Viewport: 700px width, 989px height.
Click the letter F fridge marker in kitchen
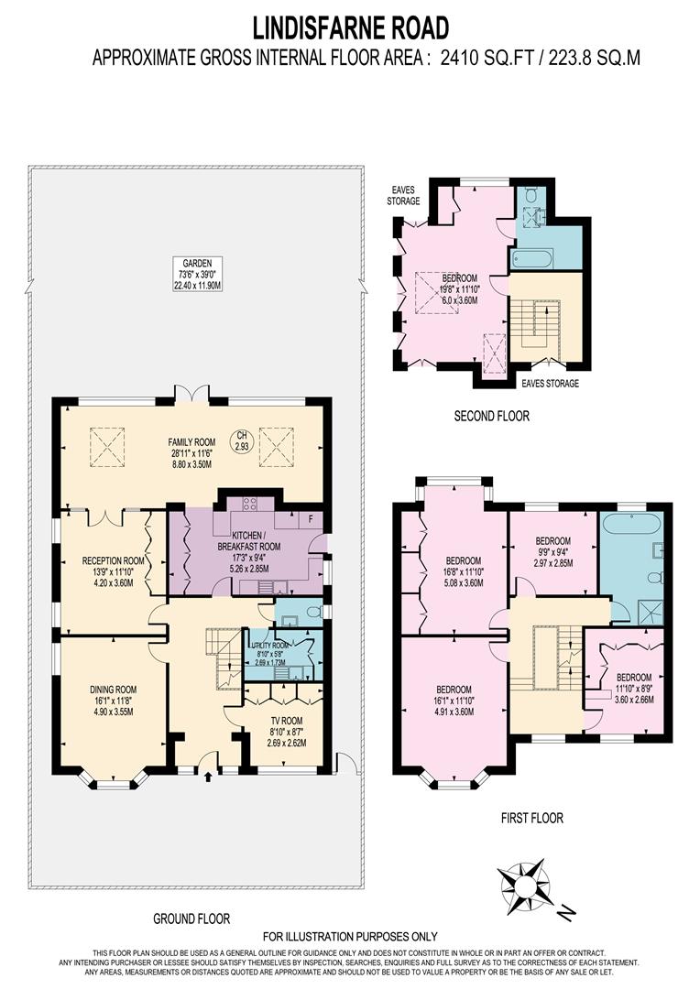(x=311, y=518)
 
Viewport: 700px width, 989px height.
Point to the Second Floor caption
(x=492, y=416)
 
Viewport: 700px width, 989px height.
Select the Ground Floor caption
(x=191, y=918)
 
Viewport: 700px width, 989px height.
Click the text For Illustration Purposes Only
(x=350, y=936)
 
